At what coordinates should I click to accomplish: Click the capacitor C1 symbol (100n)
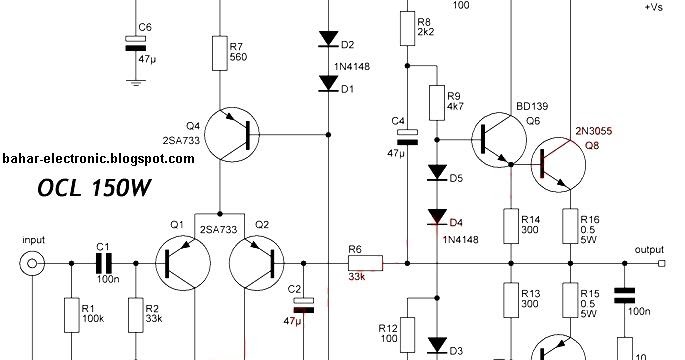tap(103, 264)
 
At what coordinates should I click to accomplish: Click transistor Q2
tap(258, 264)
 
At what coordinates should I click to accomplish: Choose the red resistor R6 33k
tap(364, 265)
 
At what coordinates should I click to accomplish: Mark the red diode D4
tap(437, 217)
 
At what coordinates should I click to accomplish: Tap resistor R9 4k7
tap(437, 101)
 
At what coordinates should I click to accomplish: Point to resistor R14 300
tap(509, 226)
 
